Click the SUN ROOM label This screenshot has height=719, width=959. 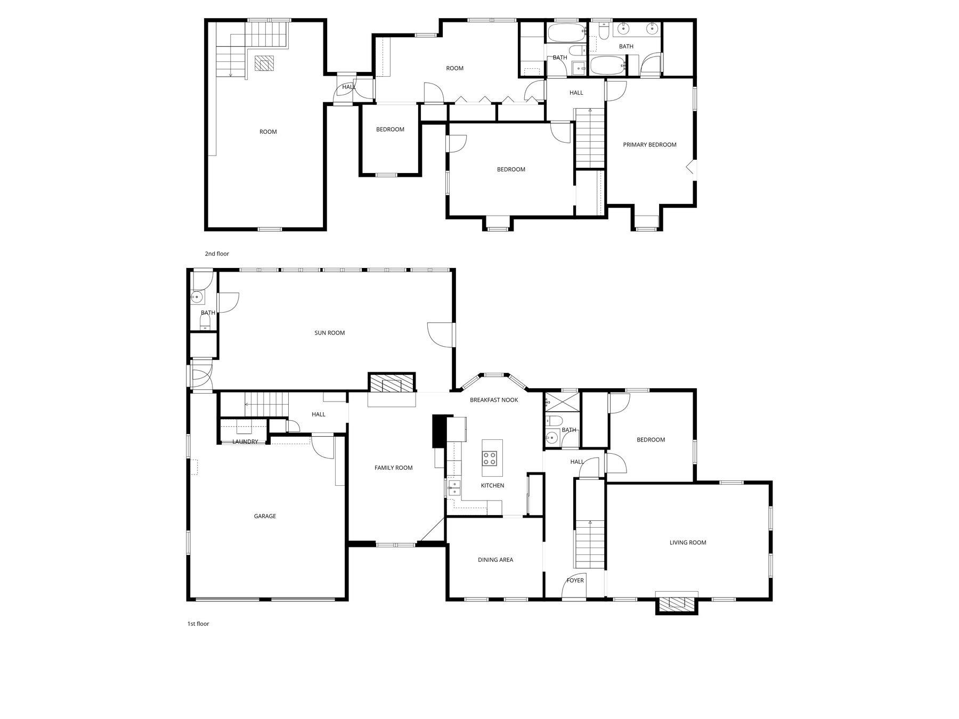pos(329,333)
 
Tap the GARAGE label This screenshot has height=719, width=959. pos(265,516)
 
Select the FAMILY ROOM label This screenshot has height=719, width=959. pos(393,468)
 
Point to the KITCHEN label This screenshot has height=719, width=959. pos(492,485)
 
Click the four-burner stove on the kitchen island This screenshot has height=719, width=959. pos(490,457)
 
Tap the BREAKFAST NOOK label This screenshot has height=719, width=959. pos(494,400)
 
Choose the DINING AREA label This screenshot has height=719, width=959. pos(495,560)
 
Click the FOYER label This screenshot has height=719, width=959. pos(575,581)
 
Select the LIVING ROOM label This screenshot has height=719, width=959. pos(688,543)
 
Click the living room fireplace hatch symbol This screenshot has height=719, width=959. pos(677,603)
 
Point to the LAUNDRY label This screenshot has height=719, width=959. pos(245,442)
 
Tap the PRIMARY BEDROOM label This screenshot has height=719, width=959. pos(649,145)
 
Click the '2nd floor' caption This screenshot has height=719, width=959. pos(217,254)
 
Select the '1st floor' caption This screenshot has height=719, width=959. pos(198,624)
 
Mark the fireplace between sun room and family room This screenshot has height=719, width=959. pos(392,383)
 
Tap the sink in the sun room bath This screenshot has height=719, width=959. pos(197,297)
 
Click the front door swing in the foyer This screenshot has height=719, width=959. pos(571,590)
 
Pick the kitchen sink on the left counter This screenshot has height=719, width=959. pos(454,487)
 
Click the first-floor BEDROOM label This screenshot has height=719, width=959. pos(651,440)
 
